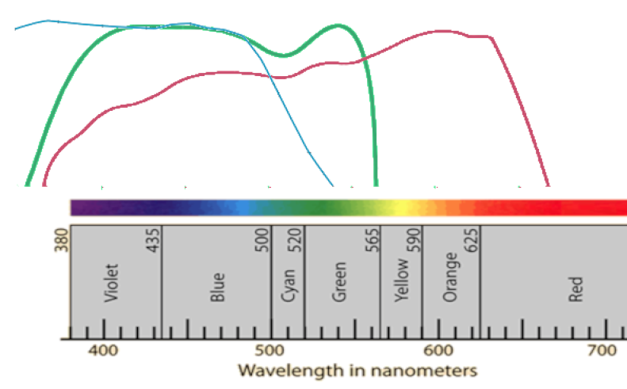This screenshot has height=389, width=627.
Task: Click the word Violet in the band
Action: [x=111, y=284]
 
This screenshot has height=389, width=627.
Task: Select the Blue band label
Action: [x=218, y=288]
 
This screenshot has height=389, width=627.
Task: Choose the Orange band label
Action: [x=451, y=277]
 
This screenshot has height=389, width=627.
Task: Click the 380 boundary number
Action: [x=59, y=239]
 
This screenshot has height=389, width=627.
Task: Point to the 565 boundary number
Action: [x=372, y=239]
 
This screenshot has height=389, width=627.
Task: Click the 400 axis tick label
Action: [x=103, y=351]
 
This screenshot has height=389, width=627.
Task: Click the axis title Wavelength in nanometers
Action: [x=358, y=370]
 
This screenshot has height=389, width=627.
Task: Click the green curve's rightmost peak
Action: [x=339, y=25]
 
